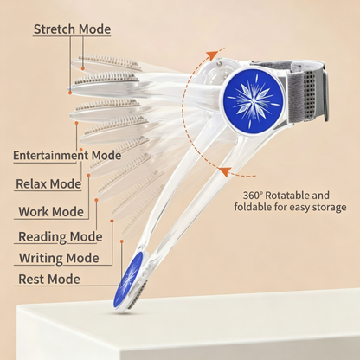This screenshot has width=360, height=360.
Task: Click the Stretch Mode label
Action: tap(72, 29)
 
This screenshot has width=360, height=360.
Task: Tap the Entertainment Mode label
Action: tap(67, 156)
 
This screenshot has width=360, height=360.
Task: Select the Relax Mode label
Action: tap(48, 184)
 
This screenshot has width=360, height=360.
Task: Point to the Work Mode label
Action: tap(51, 212)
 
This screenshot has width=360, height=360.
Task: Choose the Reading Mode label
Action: tap(61, 237)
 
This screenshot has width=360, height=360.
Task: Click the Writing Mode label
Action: tap(59, 258)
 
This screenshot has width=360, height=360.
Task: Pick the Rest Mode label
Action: tap(49, 280)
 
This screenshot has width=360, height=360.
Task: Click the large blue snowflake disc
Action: tap(253, 101)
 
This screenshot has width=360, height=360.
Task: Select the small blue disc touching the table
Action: tap(128, 280)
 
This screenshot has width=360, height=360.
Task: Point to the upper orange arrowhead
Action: tap(212, 55)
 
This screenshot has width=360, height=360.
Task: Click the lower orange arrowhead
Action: tap(225, 171)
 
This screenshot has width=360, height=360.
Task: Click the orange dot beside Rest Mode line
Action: tap(122, 241)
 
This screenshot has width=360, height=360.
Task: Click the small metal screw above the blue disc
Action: tap(219, 63)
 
